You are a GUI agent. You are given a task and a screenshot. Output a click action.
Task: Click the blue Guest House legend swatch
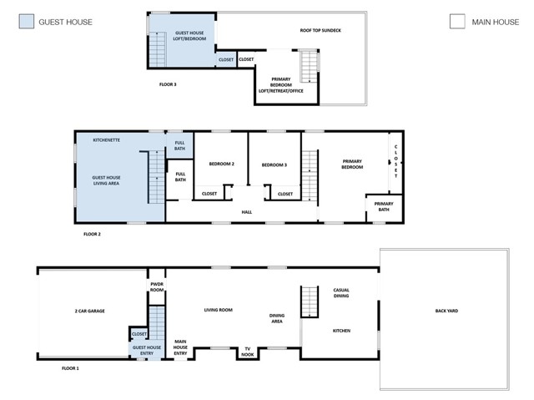[27, 21]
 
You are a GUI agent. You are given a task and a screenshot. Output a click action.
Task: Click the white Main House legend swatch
[457, 21]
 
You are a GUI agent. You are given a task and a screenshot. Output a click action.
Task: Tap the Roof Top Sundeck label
[320, 30]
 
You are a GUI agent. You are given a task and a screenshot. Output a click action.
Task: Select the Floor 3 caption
[168, 84]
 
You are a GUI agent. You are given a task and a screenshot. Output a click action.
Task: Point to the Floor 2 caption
[92, 234]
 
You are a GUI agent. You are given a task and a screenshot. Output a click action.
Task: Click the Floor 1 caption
[70, 368]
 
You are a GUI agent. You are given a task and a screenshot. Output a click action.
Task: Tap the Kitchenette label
[107, 140]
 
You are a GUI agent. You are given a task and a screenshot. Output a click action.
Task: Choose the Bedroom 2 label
[222, 164]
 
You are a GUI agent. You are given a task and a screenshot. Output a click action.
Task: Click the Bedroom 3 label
[275, 165]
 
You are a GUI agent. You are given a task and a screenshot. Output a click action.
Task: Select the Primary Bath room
[384, 209]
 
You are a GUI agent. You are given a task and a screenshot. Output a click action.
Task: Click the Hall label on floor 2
[247, 212]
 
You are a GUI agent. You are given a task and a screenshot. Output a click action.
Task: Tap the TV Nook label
[248, 352]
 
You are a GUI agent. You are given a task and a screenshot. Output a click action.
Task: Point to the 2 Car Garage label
[90, 311]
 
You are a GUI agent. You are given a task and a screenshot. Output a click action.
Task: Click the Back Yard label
[447, 311]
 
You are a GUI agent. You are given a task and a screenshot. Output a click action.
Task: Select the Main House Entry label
[180, 347]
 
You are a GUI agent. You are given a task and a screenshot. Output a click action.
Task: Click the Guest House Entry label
[147, 350]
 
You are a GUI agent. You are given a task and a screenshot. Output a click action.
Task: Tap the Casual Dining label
[341, 293]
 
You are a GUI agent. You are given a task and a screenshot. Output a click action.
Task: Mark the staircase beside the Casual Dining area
[310, 301]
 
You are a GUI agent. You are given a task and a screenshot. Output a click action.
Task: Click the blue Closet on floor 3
[226, 59]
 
